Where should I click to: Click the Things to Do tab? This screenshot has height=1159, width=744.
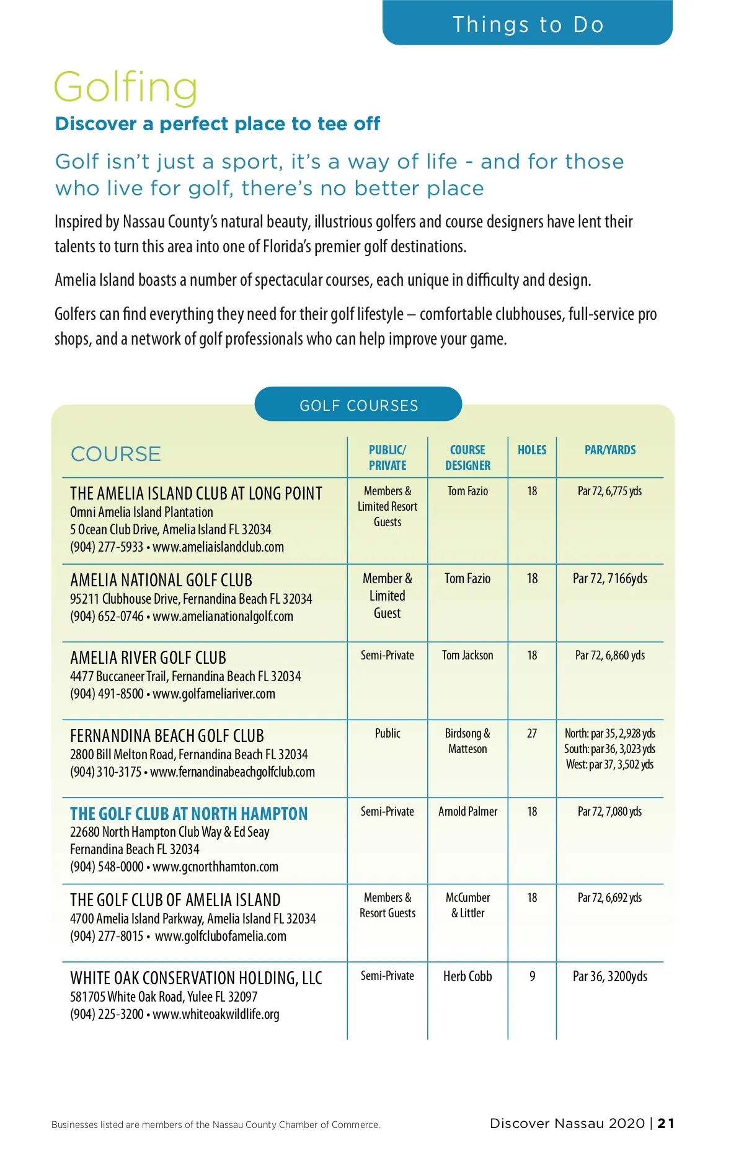coord(528,24)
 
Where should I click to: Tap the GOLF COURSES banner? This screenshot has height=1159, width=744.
coord(358,405)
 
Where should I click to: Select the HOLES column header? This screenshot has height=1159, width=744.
coord(532,450)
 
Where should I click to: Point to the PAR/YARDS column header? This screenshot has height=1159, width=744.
coord(610,450)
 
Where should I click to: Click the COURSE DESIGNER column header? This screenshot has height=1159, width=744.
coord(467,457)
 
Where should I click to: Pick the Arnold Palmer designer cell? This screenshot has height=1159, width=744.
coord(467,811)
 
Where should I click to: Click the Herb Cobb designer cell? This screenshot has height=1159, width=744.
coord(467,976)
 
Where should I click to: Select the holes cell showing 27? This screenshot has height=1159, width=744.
coord(532,733)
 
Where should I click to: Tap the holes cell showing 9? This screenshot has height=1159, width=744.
coord(532,976)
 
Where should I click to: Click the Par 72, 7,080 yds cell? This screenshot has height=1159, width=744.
coord(609,811)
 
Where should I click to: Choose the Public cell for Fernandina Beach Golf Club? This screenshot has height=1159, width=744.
coord(387,733)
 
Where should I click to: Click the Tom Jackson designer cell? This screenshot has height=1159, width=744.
coord(467,655)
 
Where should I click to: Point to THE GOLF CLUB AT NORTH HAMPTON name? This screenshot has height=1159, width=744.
coord(188,814)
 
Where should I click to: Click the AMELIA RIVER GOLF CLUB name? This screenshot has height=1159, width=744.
coord(148,658)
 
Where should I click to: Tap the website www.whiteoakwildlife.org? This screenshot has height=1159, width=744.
coord(216,1015)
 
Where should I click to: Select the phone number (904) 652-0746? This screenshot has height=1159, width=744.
coord(107,617)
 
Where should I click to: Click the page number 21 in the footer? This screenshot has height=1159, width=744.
coord(666,1123)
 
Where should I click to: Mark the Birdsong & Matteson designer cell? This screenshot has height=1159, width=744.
coord(467,741)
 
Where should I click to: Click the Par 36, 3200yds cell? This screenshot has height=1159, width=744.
coord(609,976)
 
